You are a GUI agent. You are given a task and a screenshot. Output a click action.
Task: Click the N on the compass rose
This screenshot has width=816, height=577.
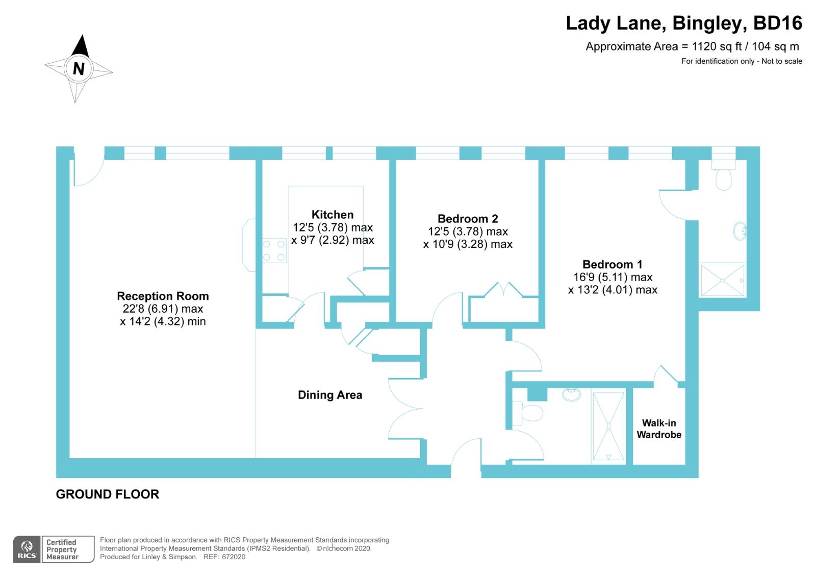pos(79,68)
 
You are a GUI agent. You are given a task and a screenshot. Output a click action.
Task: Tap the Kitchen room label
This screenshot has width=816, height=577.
pos(333,215)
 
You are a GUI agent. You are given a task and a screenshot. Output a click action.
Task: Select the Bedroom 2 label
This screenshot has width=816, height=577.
pos(468,219)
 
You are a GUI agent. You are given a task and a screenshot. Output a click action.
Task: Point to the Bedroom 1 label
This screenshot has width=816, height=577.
pos(612,264)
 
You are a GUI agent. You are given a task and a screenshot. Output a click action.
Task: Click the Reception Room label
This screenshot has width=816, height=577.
pos(163,296)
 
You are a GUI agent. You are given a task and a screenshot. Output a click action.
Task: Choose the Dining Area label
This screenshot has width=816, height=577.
pos(330,395)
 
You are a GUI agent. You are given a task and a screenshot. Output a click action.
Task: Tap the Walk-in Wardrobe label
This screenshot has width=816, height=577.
pos(659,429)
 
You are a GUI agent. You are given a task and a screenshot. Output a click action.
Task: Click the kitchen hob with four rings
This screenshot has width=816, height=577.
pos(274,251)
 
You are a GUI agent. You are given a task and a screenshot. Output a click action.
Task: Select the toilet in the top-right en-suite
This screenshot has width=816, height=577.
pos(723,175)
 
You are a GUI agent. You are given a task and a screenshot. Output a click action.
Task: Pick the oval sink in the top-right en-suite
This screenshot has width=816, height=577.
pos(740,231)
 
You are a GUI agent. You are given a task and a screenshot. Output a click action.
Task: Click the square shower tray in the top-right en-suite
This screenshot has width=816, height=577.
pos(722,280)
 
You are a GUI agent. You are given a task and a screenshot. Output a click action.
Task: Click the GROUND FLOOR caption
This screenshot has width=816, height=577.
pos(108,494)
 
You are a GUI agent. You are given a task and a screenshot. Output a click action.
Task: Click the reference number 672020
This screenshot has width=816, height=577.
pos(233,557)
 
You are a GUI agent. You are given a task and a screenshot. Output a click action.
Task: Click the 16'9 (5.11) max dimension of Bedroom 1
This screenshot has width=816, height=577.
pos(613,277)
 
